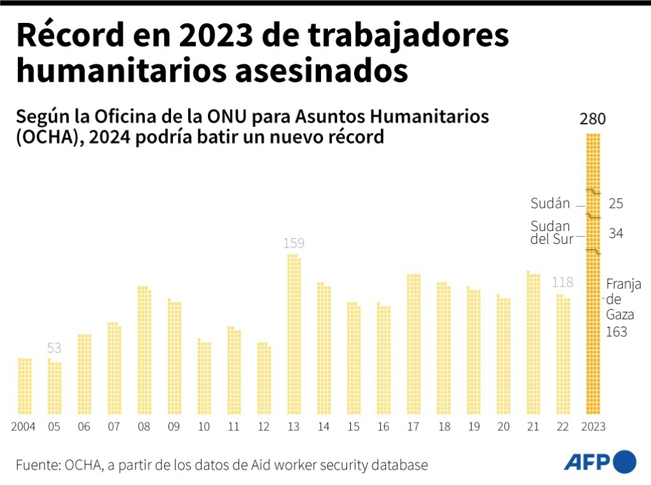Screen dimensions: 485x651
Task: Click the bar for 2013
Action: (294, 334)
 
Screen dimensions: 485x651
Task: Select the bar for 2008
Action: (144, 350)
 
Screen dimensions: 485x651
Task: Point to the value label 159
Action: (294, 243)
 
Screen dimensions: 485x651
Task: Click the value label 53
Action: (54, 348)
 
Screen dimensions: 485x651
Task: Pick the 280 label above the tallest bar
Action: (593, 119)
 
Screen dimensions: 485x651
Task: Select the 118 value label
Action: (563, 282)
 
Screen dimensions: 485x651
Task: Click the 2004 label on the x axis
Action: (24, 426)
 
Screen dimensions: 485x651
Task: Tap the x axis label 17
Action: (413, 426)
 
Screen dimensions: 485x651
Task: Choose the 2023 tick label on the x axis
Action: (593, 426)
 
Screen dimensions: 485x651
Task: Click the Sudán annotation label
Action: (550, 204)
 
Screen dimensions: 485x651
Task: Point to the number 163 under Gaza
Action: (616, 332)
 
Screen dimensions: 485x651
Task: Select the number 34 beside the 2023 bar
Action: (615, 234)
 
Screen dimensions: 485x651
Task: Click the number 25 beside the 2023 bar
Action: (615, 204)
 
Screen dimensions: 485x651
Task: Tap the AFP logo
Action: (600, 462)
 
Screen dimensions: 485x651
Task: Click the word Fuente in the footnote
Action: (37, 465)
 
